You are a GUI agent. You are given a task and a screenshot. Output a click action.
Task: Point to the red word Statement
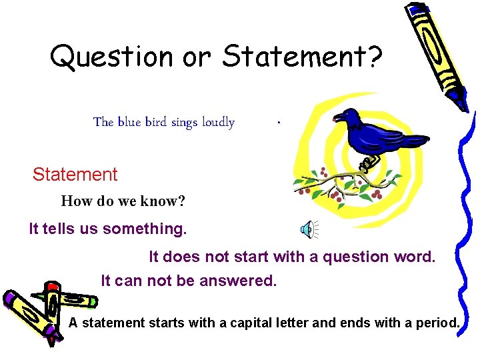click(75, 175)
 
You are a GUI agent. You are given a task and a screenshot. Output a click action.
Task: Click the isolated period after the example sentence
click(279, 123)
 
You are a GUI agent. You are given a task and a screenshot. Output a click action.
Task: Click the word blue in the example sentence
click(127, 122)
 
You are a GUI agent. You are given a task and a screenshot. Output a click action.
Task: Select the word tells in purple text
click(61, 229)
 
